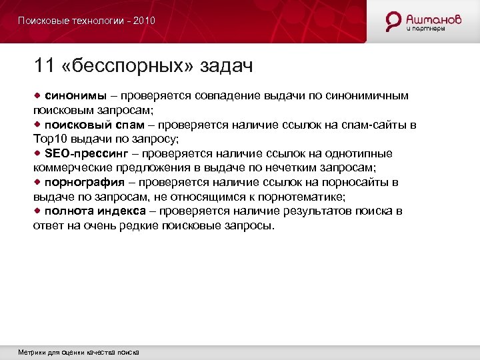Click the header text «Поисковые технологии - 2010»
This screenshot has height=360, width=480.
tap(87, 21)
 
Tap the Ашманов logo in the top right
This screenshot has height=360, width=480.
tap(423, 21)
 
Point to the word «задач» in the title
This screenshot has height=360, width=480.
tap(224, 65)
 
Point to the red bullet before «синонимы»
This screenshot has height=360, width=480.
tap(37, 95)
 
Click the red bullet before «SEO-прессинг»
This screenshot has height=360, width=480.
tap(37, 153)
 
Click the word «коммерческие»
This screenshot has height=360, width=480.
tap(71, 168)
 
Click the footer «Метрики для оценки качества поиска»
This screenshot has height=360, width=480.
tap(79, 352)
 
